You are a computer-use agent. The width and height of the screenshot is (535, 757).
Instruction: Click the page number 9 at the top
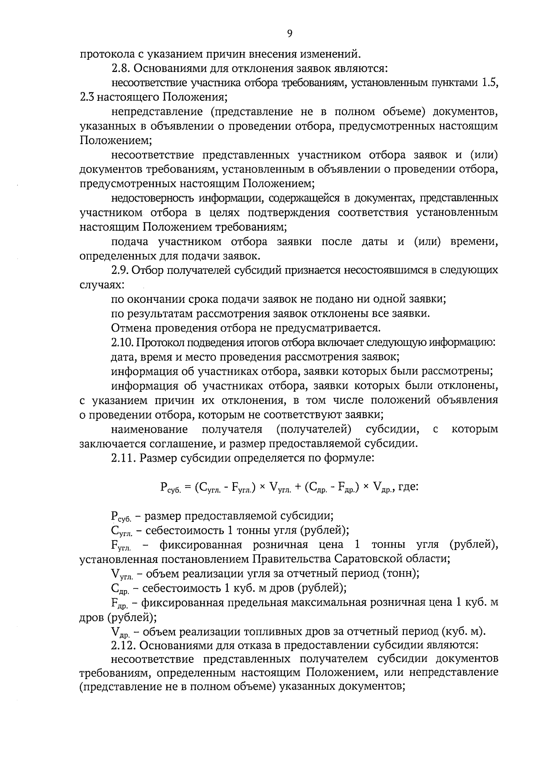290,34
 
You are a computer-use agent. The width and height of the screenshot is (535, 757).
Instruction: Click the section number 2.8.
120,69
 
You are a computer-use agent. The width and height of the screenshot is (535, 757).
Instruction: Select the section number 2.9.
120,270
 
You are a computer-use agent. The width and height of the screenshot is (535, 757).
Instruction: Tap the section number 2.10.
122,343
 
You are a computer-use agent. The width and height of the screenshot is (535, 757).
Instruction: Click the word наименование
149,430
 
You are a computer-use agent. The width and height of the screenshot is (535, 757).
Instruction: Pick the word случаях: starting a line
100,285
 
